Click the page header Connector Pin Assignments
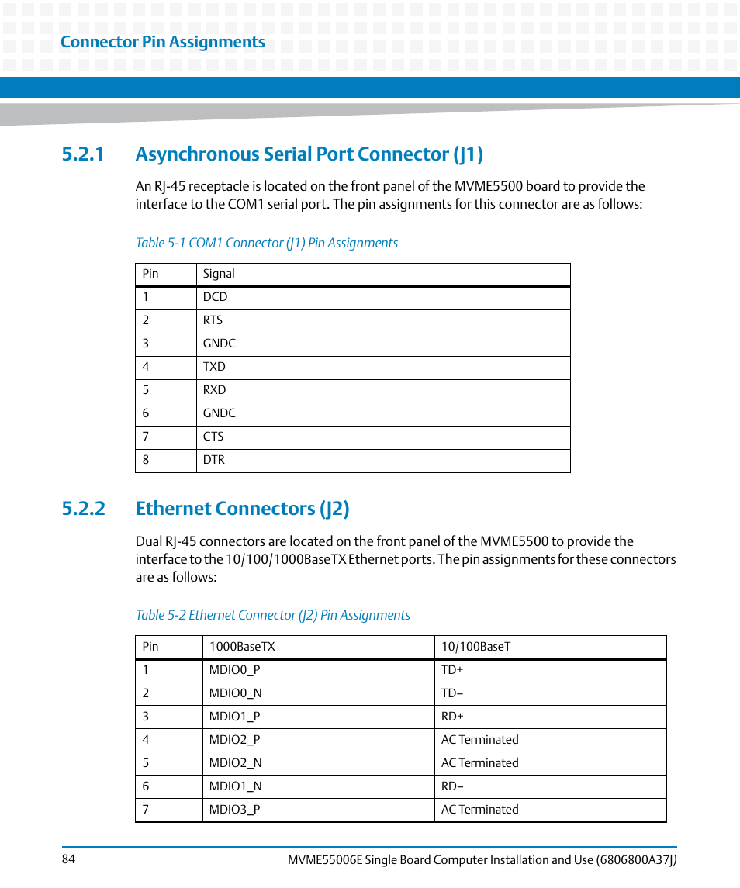pos(162,42)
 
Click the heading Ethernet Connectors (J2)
pos(242,509)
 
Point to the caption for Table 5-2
pos(272,615)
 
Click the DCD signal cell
pos(216,297)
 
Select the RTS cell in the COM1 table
pos(213,320)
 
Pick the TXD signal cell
pos(214,367)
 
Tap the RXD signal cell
pos(215,390)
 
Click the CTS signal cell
pos(213,437)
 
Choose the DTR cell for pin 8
pos(214,460)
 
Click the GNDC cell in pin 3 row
pos(220,344)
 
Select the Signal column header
pos(219,274)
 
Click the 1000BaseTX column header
pos(242,647)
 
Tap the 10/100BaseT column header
pos(476,647)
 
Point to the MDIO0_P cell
pos(234,670)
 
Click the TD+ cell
pos(452,670)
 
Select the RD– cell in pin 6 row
pos(452,786)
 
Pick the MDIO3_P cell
pos(234,810)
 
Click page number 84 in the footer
pos(67,859)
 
